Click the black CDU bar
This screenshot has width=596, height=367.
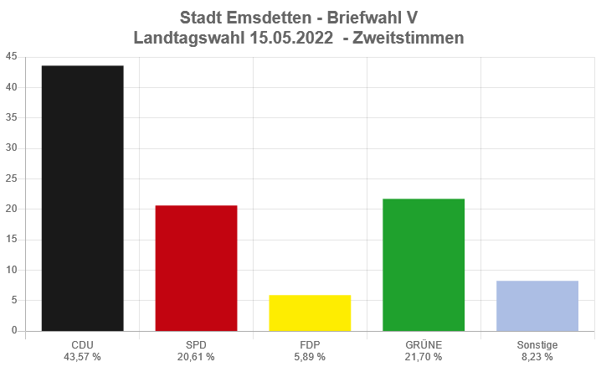click(x=82, y=198)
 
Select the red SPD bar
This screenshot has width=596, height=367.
click(x=196, y=268)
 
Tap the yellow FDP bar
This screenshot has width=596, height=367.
click(x=310, y=313)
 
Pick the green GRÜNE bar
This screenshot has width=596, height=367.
click(x=424, y=265)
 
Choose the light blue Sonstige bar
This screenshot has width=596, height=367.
click(x=537, y=306)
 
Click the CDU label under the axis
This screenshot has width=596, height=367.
click(x=82, y=345)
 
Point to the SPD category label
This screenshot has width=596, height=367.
click(x=196, y=345)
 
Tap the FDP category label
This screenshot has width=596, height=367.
click(x=310, y=345)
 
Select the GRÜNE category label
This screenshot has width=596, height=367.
click(x=424, y=345)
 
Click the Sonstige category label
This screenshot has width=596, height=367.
click(x=537, y=345)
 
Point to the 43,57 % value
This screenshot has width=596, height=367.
click(x=82, y=357)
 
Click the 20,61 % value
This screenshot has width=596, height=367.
click(x=196, y=357)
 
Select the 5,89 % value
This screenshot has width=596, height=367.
click(x=310, y=357)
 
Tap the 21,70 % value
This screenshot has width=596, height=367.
click(x=424, y=357)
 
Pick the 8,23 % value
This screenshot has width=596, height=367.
click(x=537, y=357)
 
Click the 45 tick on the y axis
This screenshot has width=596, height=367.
click(x=11, y=57)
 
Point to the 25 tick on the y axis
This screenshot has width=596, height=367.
click(x=11, y=178)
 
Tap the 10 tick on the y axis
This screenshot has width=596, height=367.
click(x=11, y=270)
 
